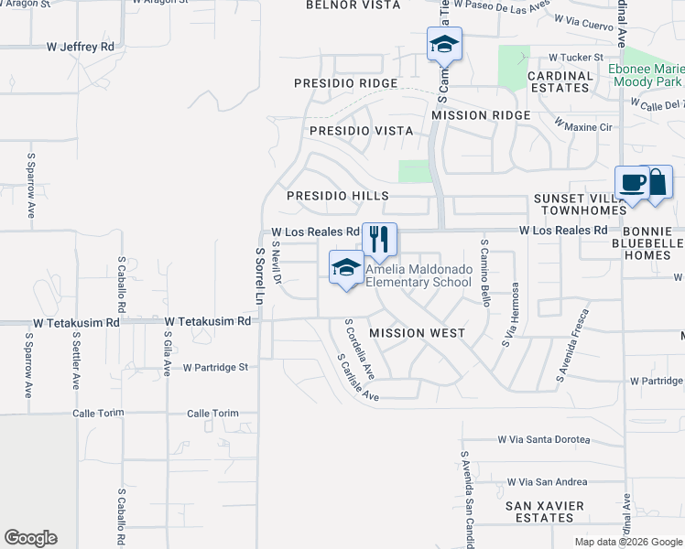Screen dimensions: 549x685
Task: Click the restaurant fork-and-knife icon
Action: pyautogui.click(x=379, y=240)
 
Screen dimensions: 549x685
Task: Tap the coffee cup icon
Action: pyautogui.click(x=632, y=182)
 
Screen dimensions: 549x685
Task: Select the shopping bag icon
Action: pyautogui.click(x=658, y=181)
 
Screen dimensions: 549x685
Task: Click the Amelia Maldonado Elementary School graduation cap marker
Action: pyautogui.click(x=346, y=267)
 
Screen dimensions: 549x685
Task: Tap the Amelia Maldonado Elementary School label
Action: pyautogui.click(x=418, y=275)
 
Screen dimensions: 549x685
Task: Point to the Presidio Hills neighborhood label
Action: pyautogui.click(x=338, y=196)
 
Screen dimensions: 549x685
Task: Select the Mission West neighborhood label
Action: pyautogui.click(x=417, y=332)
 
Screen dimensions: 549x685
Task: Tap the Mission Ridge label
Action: pyautogui.click(x=481, y=115)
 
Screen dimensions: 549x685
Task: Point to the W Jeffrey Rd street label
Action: pyautogui.click(x=81, y=46)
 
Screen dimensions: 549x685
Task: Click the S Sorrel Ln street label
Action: pyautogui.click(x=259, y=275)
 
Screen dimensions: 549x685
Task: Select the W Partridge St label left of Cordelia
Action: pyautogui.click(x=216, y=368)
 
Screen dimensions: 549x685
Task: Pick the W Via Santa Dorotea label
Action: pyautogui.click(x=543, y=440)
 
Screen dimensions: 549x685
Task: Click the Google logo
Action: pyautogui.click(x=30, y=538)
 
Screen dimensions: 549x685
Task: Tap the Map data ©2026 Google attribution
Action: pyautogui.click(x=627, y=542)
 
